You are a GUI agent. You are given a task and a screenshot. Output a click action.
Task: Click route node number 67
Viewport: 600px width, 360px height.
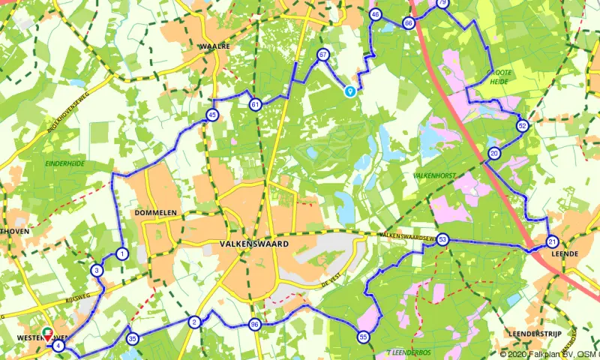(323, 55)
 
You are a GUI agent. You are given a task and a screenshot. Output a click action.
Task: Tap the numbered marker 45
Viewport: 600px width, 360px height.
(213, 115)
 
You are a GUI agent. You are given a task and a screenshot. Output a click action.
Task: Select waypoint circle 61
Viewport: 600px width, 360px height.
(256, 104)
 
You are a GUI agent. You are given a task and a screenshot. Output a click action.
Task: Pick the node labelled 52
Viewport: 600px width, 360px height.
(522, 125)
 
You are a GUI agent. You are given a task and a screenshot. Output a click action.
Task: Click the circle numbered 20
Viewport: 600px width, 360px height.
(493, 154)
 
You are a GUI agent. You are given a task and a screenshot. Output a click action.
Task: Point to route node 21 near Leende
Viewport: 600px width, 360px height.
(552, 241)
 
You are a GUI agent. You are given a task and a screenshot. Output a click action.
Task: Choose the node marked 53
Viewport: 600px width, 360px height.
(443, 240)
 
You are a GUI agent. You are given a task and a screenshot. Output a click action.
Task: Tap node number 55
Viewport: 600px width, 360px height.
(363, 337)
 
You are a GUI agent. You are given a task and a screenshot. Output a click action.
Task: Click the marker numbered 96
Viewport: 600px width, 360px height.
(255, 325)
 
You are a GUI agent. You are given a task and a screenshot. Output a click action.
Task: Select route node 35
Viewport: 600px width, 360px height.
(133, 339)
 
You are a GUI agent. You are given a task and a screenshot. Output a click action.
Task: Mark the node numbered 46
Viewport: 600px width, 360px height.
(375, 14)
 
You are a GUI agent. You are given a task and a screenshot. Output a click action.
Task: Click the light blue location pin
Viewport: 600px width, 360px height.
(349, 91)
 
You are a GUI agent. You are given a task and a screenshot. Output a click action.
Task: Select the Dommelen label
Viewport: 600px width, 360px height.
(155, 213)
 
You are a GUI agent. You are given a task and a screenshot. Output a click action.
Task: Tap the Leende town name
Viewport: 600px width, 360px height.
(564, 254)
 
